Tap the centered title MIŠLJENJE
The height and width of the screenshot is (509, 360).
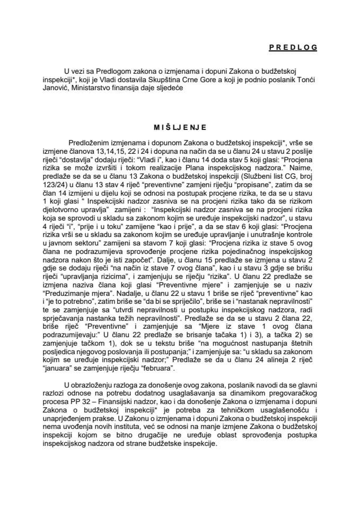[x=179, y=127]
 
